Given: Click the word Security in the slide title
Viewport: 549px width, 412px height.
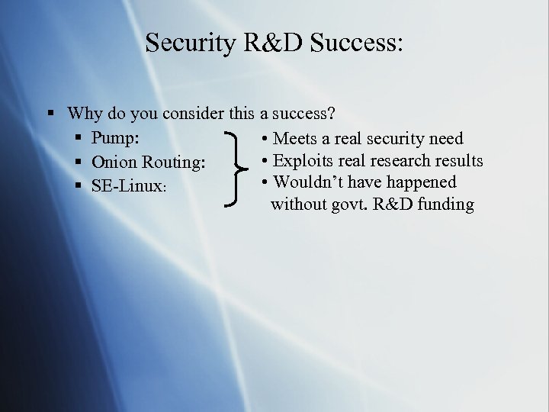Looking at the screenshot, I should (x=192, y=43).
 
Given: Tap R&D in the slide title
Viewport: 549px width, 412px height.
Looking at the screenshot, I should (x=273, y=43).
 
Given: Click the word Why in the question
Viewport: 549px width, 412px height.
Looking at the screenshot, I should (x=85, y=114).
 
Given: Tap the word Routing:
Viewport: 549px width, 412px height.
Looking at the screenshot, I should (x=174, y=162).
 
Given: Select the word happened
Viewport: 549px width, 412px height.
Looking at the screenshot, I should (x=421, y=182).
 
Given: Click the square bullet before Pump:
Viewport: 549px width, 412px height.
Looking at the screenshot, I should (x=79, y=138).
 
